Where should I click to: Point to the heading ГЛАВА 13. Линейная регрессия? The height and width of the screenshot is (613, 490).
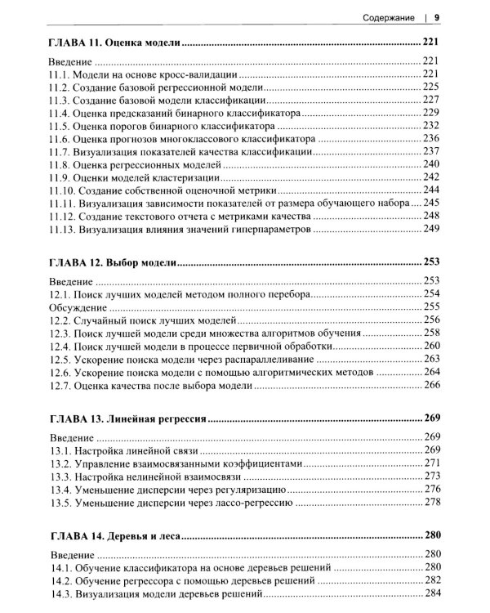tap(128, 417)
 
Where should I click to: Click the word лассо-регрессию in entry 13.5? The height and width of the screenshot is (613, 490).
tap(252, 503)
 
